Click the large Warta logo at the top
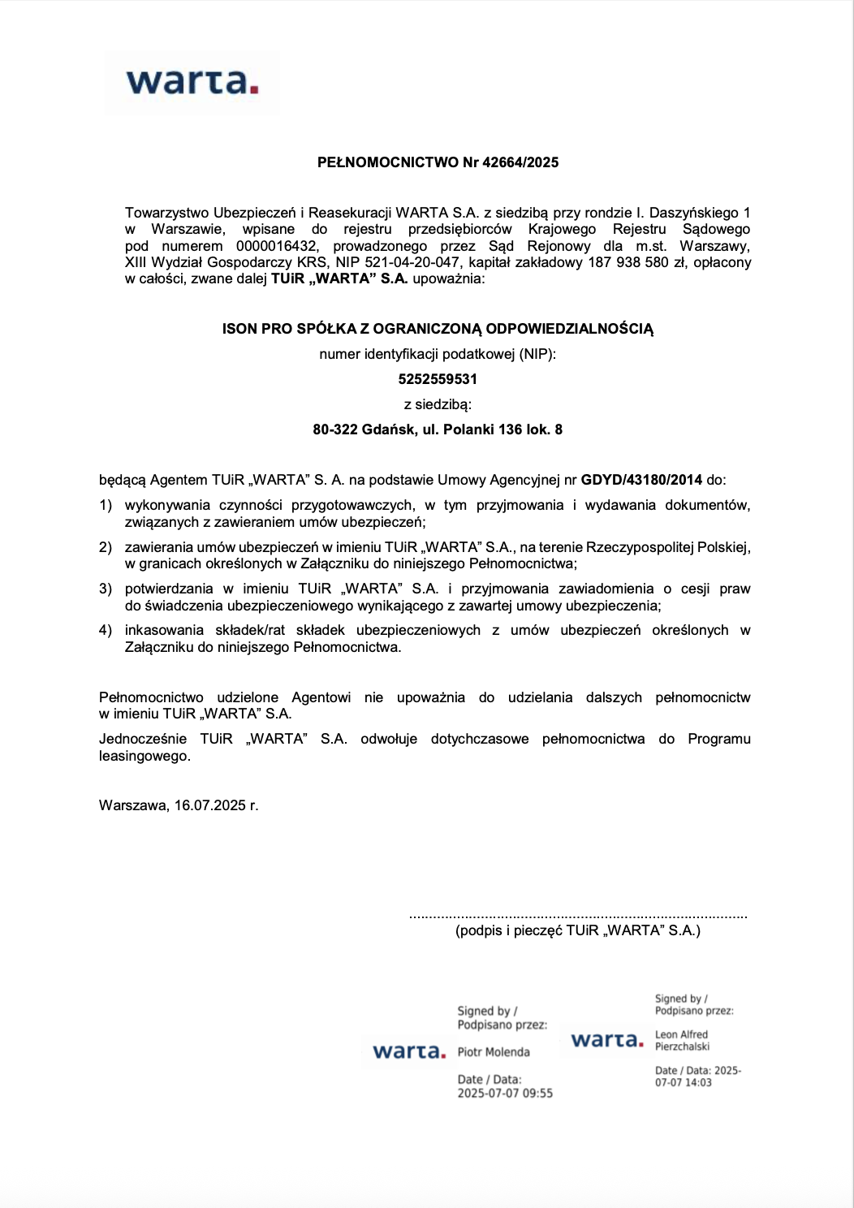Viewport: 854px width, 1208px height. tap(192, 82)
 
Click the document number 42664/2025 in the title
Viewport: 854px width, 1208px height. tap(520, 162)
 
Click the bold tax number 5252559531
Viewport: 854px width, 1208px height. tap(438, 379)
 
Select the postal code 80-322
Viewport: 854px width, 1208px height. tap(335, 429)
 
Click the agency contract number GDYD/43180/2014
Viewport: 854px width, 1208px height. tap(641, 480)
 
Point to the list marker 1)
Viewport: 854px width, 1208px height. tap(106, 505)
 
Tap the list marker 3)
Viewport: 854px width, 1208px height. tap(106, 589)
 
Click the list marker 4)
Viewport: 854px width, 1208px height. tap(106, 630)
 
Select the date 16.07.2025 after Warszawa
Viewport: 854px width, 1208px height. tap(209, 805)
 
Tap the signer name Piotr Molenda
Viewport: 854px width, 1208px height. tap(494, 1052)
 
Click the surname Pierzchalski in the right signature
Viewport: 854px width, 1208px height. tap(683, 1046)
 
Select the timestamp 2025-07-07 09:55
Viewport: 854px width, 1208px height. tap(505, 1094)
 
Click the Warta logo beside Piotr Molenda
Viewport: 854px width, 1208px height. tap(409, 1052)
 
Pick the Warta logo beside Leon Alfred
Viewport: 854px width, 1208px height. tap(607, 1040)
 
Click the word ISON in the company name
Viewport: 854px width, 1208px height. tap(239, 329)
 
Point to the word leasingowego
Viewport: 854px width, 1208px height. tap(144, 756)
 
